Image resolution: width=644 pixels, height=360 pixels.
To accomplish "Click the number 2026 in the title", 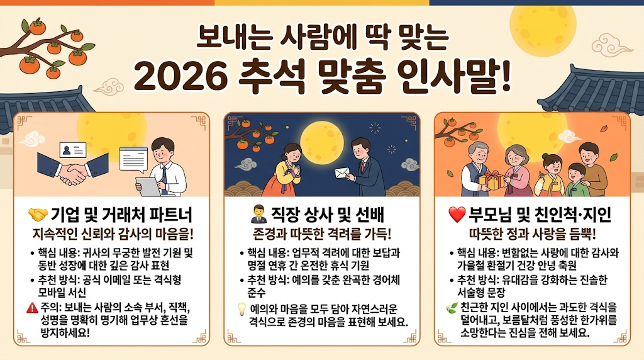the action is (x=180, y=76).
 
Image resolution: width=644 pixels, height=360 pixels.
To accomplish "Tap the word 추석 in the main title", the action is (x=274, y=76).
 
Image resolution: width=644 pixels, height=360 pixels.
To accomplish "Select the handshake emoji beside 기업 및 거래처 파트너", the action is (x=38, y=215).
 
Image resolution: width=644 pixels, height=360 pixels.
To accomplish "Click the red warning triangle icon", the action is (x=32, y=307).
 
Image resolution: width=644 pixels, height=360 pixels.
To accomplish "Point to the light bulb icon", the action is (x=241, y=308).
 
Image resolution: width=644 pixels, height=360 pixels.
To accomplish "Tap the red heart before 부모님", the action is (x=457, y=215).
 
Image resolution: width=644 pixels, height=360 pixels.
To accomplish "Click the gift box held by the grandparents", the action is (x=492, y=180).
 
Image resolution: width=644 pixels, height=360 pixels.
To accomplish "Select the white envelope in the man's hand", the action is (x=343, y=174).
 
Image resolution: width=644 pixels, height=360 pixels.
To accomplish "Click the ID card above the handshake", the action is (x=73, y=150).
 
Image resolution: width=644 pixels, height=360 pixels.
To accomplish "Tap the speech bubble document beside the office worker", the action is (x=133, y=160).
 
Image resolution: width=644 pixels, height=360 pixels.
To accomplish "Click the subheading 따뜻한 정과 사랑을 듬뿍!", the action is (x=532, y=234).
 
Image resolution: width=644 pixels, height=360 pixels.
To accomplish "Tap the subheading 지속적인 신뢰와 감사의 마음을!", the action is (x=113, y=234).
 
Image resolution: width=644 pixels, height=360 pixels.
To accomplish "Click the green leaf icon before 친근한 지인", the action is (x=452, y=308).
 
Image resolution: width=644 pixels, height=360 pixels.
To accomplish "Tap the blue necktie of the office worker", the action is (x=164, y=179).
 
